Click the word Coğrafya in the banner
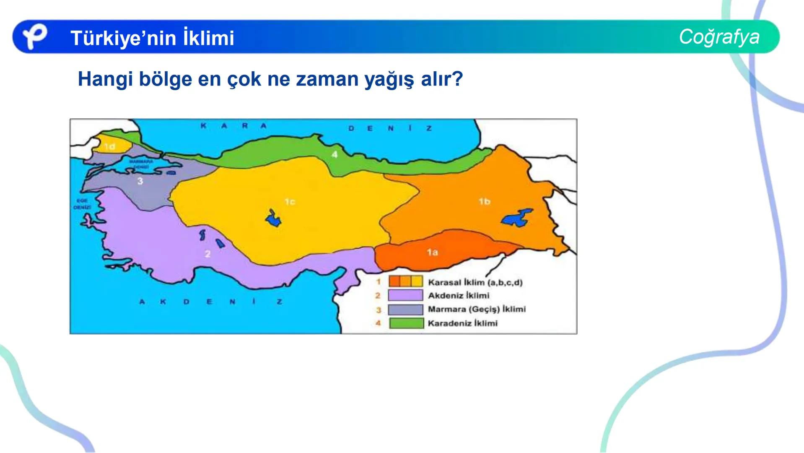tap(719, 37)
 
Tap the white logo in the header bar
tap(34, 36)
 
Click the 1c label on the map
tap(290, 202)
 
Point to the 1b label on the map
tap(485, 201)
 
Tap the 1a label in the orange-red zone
tap(432, 252)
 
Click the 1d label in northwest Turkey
tap(109, 146)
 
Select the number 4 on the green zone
tap(335, 154)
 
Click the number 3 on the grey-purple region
tap(140, 181)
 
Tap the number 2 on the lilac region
tap(207, 254)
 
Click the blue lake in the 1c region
tap(273, 219)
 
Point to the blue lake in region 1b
tap(517, 218)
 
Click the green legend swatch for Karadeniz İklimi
tap(406, 323)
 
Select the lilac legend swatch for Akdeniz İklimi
tap(405, 295)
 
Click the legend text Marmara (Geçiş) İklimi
tap(476, 309)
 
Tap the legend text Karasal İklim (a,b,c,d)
tap(475, 282)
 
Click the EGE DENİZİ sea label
tap(82, 204)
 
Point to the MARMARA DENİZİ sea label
tap(141, 164)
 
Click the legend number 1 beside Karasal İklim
tap(378, 282)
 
